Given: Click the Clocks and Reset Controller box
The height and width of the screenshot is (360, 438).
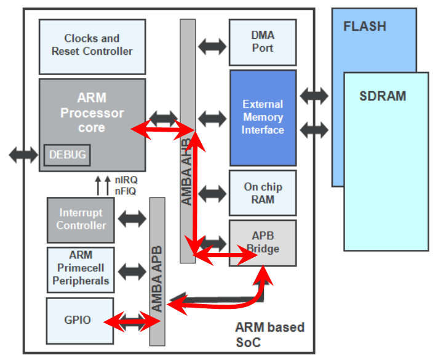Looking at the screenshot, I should (x=92, y=46).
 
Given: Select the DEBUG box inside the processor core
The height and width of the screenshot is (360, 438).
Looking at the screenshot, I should (x=67, y=155).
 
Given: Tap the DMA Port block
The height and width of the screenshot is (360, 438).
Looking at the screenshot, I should (x=262, y=42).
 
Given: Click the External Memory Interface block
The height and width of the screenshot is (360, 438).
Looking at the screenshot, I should (x=263, y=117).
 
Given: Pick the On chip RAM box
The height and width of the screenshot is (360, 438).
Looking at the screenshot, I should (x=262, y=193).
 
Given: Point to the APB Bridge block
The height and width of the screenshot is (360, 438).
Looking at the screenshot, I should (x=262, y=242).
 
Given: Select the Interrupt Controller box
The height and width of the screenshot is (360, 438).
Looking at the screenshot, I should (x=82, y=219).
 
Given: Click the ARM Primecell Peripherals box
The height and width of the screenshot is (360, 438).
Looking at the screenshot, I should (x=81, y=270).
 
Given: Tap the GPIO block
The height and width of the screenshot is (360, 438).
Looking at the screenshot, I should (x=78, y=320).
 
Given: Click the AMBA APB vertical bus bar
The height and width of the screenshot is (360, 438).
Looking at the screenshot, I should (x=157, y=271).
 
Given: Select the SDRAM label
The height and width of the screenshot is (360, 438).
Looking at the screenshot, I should (x=383, y=97).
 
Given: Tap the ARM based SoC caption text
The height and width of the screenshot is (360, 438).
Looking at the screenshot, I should (x=269, y=334).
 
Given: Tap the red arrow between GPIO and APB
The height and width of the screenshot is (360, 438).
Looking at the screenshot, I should (x=132, y=321).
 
